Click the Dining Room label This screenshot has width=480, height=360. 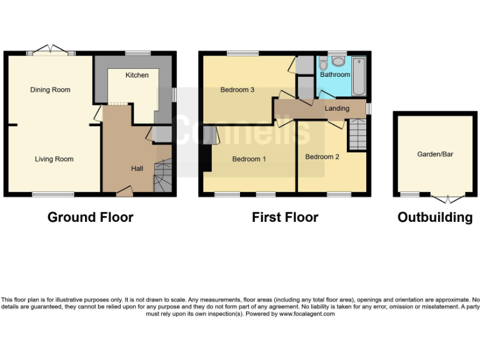tap(50, 90)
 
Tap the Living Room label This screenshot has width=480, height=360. tap(54, 159)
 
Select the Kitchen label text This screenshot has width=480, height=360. tap(137, 75)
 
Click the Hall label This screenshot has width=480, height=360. tap(137, 169)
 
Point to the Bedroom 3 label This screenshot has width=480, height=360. tap(237, 90)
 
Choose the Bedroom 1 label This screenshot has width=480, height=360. tap(249, 159)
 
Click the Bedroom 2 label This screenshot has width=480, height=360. tap(322, 157)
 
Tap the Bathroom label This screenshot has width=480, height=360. tap(335, 75)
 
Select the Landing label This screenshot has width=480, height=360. tap(337, 109)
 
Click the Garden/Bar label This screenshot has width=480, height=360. tap(435, 154)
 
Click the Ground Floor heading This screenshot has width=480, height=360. tap(91, 217)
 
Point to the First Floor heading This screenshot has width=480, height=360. tap(285, 217)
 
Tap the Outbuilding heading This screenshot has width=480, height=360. tap(435, 217)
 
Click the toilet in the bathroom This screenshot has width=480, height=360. tap(338, 61)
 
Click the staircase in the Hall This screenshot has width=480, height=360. tap(162, 175)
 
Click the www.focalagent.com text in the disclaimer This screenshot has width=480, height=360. tap(307, 314)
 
